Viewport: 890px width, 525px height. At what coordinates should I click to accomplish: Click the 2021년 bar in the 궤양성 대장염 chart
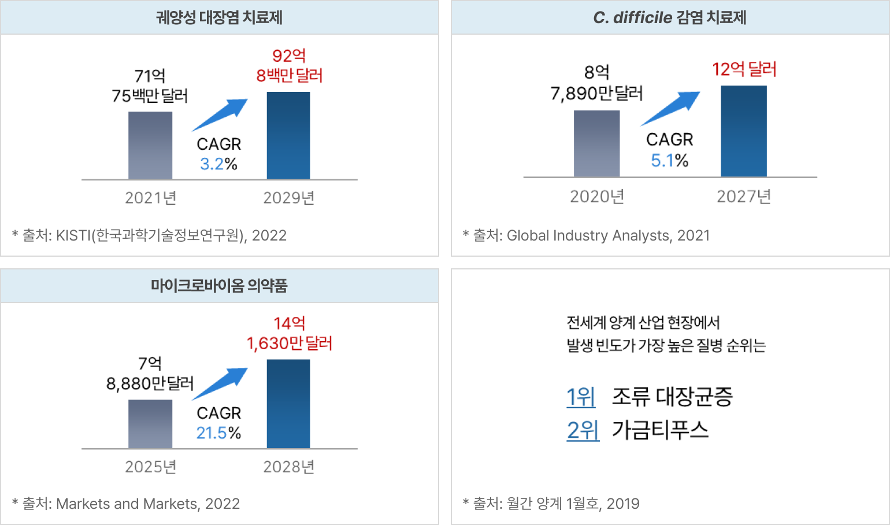point(150,145)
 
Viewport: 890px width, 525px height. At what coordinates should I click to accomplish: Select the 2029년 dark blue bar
point(288,136)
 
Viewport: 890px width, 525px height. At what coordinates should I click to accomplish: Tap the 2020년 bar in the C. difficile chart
point(596,143)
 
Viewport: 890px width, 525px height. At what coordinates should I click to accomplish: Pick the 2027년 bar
point(744,131)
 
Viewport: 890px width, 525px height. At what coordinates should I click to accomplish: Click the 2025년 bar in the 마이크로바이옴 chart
point(150,424)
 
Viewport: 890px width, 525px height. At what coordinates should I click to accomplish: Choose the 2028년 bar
point(288,404)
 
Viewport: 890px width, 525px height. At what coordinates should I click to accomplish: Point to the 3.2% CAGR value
point(212,164)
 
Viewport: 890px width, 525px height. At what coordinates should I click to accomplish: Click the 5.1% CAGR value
point(662,161)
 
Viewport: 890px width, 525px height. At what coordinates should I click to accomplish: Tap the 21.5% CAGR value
point(212,433)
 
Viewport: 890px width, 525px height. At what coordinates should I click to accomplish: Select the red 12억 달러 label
point(744,69)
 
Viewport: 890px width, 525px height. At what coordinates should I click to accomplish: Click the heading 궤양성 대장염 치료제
point(219,17)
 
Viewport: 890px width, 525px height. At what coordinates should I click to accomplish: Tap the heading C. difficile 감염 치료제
point(670,17)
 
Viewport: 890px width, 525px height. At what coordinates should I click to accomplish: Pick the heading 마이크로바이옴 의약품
point(219,285)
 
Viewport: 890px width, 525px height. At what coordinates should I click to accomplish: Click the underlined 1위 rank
point(581,397)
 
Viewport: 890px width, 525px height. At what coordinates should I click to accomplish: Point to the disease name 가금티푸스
point(660,430)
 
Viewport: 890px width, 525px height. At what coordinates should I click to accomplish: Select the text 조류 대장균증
point(672,397)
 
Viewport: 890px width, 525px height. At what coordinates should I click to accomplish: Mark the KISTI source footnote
point(149,235)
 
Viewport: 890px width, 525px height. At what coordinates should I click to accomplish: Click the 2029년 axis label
point(288,198)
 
